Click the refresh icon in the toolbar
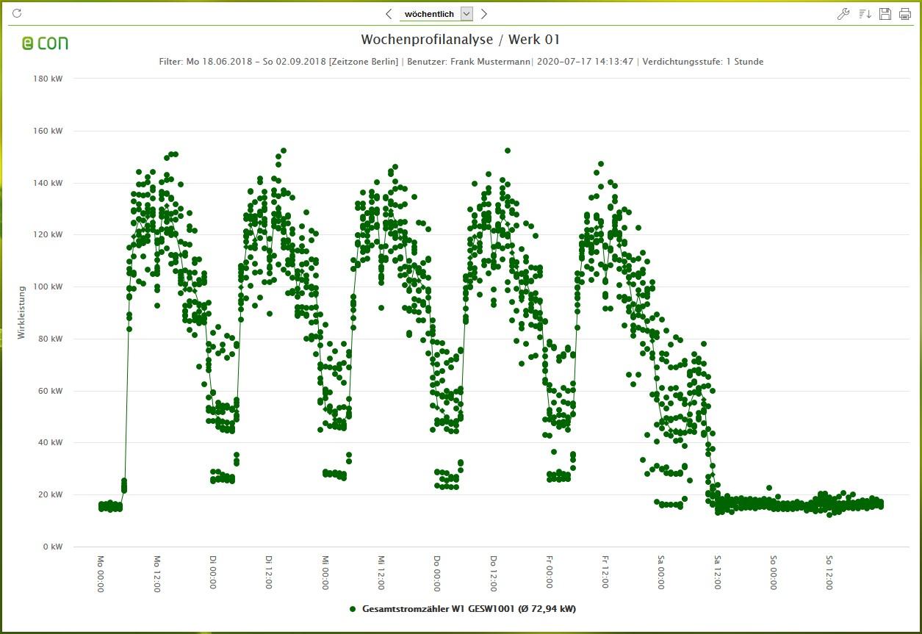pos(18,13)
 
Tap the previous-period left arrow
pos(389,14)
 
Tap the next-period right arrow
pos(483,14)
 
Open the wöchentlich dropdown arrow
pos(467,14)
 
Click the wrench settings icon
pos(843,14)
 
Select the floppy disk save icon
pos(885,14)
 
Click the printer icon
pos(904,14)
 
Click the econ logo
pos(45,43)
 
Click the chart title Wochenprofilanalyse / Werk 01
pos(460,40)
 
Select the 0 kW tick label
pos(51,547)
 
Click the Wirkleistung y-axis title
pos(21,312)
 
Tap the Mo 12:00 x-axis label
pos(156,573)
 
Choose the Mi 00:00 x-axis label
pos(325,573)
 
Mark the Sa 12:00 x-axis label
pos(716,573)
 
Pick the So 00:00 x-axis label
pos(773,573)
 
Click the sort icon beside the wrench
pos(865,14)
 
